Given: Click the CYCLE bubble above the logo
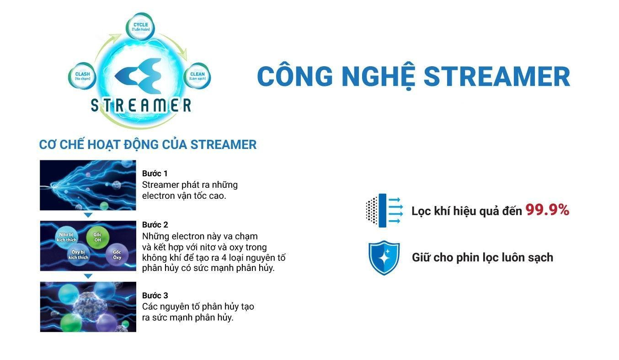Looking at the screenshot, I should [140, 26].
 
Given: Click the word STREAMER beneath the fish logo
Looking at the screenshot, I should [141, 105].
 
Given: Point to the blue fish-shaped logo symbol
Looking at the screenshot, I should [140, 74].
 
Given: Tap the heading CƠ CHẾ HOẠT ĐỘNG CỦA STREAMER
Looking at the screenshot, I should [148, 145].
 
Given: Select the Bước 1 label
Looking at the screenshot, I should [155, 174].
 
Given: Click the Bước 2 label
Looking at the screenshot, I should [155, 225].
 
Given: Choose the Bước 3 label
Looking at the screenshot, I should [155, 296].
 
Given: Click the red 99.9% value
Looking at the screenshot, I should [547, 210].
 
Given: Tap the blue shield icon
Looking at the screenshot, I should [384, 258].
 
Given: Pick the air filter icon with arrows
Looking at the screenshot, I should [384, 210].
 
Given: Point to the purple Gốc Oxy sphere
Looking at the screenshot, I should [117, 255].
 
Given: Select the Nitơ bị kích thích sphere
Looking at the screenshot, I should [67, 237].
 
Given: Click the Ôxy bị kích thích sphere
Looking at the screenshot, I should [79, 255].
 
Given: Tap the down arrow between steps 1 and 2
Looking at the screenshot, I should [88, 215].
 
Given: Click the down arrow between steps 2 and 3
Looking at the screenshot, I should [88, 276].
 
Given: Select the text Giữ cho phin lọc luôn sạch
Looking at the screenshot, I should [482, 258].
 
